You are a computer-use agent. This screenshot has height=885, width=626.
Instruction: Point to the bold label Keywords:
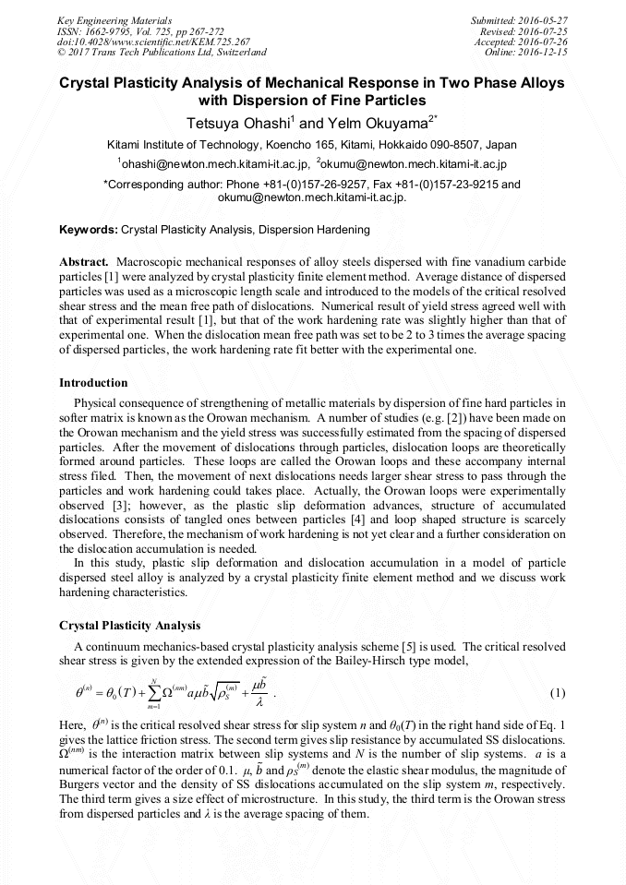89,229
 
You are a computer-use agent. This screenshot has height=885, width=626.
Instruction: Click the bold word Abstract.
84,262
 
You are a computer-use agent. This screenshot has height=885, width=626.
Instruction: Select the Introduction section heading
93,382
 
